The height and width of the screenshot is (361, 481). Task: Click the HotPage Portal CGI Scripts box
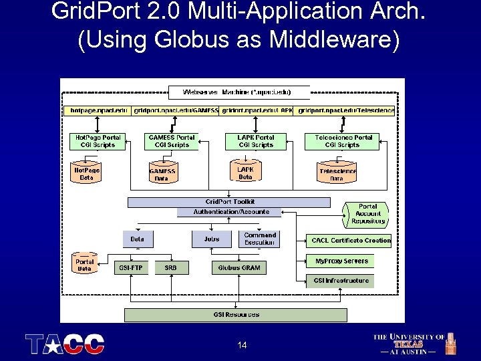pos(98,141)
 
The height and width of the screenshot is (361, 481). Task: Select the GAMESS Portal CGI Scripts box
pos(172,141)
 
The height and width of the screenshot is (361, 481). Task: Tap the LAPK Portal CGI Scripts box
pos(256,141)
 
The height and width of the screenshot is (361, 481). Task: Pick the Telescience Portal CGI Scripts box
pos(343,141)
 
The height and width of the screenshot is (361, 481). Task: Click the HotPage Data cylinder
pos(86,174)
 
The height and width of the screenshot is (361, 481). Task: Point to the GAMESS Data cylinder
pos(162,174)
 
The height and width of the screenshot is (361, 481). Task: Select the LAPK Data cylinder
pos(246,173)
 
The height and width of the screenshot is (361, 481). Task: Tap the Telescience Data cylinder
pos(337,174)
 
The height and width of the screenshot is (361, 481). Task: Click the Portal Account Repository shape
pos(367,214)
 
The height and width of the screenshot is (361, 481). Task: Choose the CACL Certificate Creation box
pos(351,240)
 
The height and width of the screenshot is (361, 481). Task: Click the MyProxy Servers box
pos(341,261)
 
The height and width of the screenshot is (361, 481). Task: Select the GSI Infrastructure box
pos(341,281)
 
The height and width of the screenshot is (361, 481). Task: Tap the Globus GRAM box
pos(239,267)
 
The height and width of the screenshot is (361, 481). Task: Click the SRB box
pos(171,267)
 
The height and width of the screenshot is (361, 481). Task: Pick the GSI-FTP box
pos(131,267)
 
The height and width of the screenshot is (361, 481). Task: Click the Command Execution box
pos(260,239)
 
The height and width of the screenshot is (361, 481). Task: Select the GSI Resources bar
pos(236,314)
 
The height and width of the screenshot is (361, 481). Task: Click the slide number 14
pos(242,345)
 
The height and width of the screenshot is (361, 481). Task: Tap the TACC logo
pos(65,344)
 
